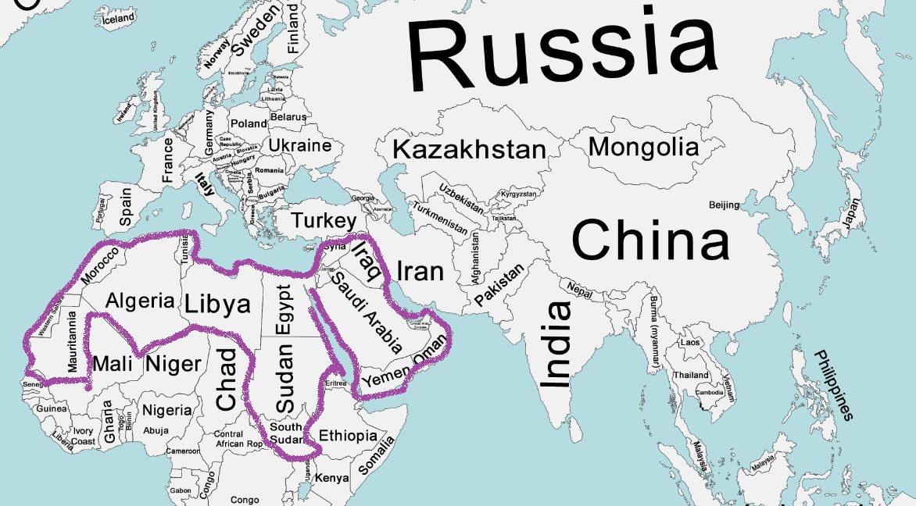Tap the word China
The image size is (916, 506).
[x=651, y=240]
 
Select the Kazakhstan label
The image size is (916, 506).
[x=468, y=149]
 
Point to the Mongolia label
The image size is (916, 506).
[x=643, y=146]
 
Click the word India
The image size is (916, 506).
[x=556, y=344]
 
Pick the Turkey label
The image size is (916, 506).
[x=324, y=221]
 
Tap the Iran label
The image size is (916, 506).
[x=420, y=271]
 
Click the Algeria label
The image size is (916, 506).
[x=140, y=301]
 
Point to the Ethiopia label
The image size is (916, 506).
[x=348, y=436]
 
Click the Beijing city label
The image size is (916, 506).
[x=723, y=205]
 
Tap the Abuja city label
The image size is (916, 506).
[x=156, y=430]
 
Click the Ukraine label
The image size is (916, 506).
[x=300, y=145]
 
